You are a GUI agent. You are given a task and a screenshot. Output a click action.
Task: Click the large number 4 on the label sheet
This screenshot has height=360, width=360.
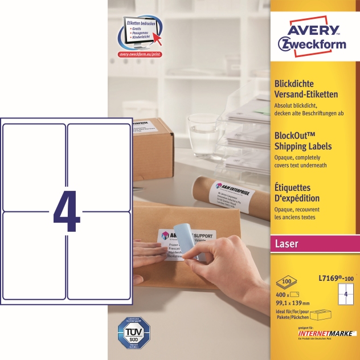[67, 211]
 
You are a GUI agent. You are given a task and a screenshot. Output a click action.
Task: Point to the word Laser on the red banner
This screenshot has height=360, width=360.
[288, 244]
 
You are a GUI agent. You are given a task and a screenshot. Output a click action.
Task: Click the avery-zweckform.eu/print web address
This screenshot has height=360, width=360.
[140, 55]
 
